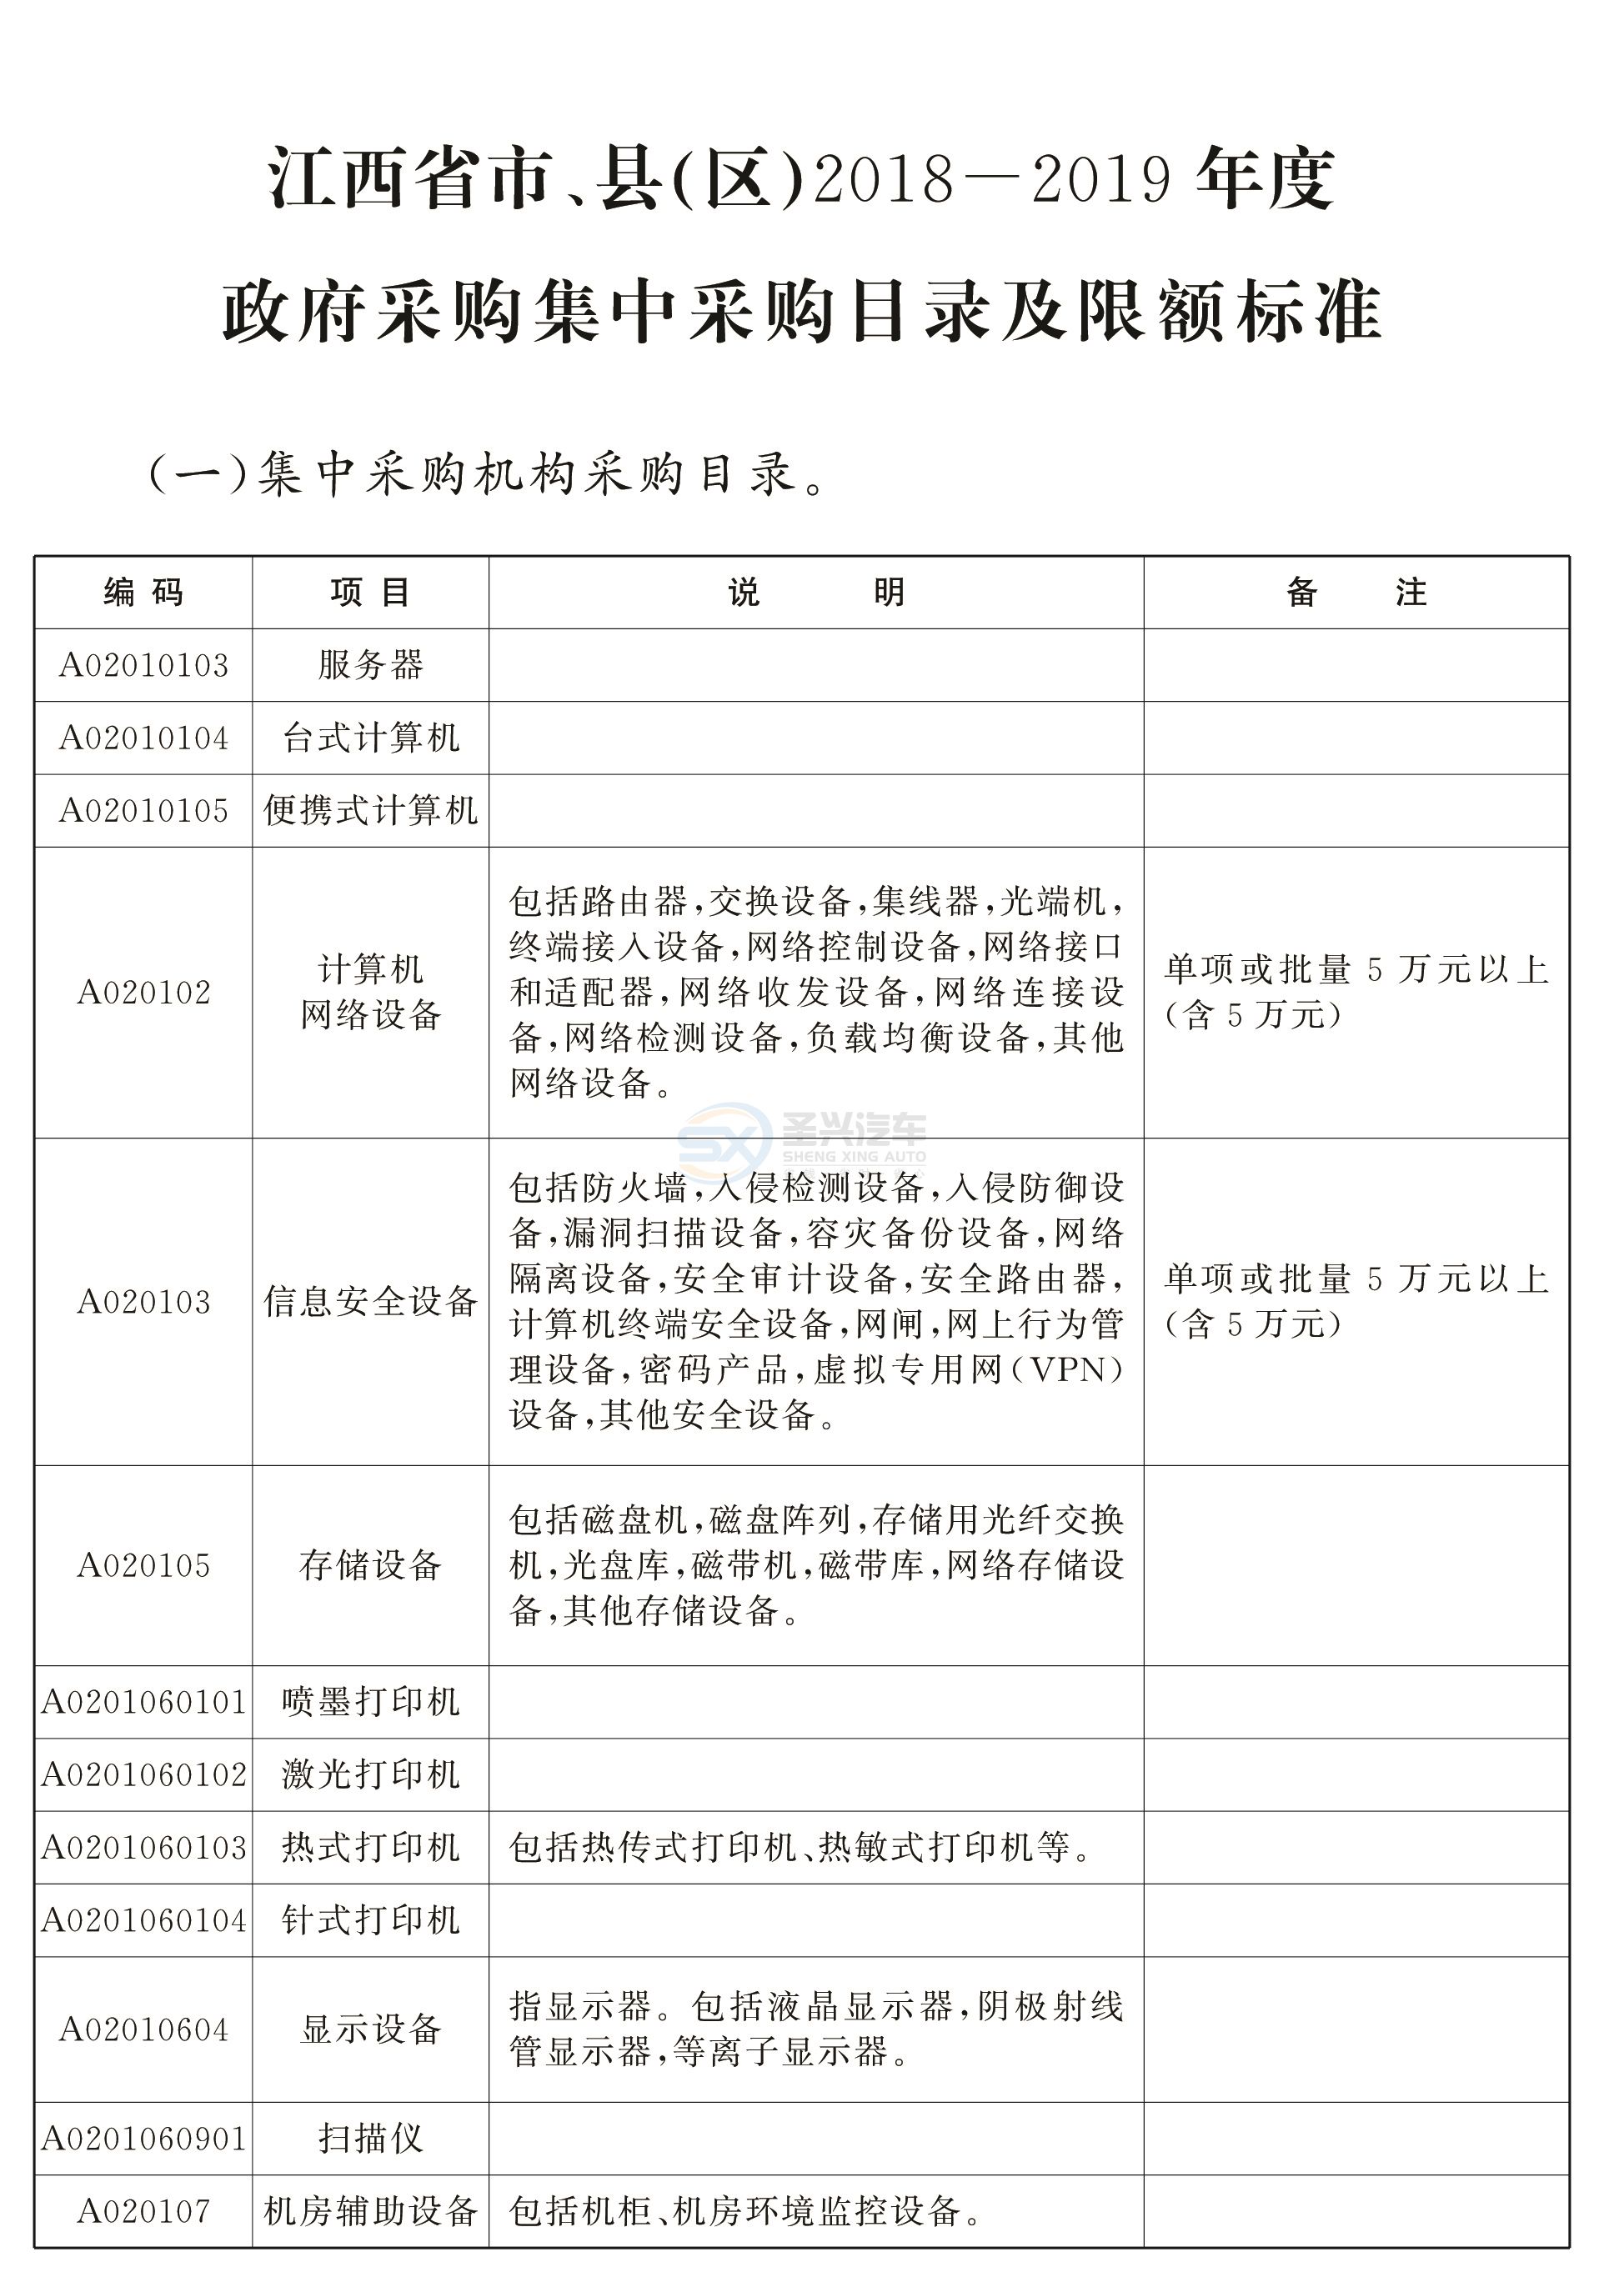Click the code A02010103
pyautogui.click(x=143, y=665)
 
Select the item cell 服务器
pyautogui.click(x=371, y=665)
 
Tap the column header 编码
pyautogui.click(x=143, y=593)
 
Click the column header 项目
pyautogui.click(x=371, y=593)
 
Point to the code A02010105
pyautogui.click(x=143, y=811)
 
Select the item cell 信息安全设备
pyautogui.click(x=371, y=1302)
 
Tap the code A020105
pyautogui.click(x=143, y=1566)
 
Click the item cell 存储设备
pyautogui.click(x=371, y=1566)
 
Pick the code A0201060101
pyautogui.click(x=143, y=1702)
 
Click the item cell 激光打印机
pyautogui.click(x=371, y=1775)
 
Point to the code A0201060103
pyautogui.click(x=143, y=1848)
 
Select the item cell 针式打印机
pyautogui.click(x=371, y=1920)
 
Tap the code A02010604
pyautogui.click(x=143, y=2029)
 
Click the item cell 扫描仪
pyautogui.click(x=371, y=2139)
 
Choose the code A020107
pyautogui.click(x=143, y=2211)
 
